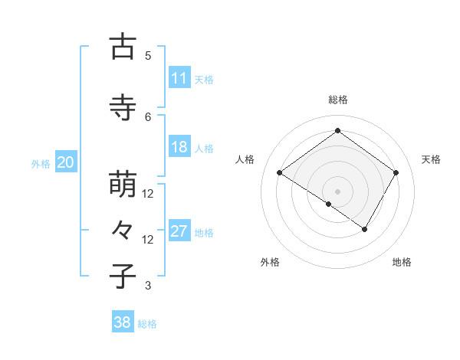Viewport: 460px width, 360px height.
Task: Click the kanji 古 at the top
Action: click(x=123, y=47)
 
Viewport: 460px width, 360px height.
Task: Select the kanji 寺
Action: click(x=123, y=108)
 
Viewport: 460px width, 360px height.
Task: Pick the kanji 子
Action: click(x=123, y=277)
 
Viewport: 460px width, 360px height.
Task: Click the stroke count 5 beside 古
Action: click(x=148, y=55)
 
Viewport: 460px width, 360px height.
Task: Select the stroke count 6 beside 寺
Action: click(x=148, y=116)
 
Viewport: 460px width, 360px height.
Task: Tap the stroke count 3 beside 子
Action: click(x=148, y=286)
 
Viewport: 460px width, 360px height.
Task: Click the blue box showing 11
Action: click(x=179, y=78)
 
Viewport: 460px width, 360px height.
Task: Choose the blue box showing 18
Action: click(x=179, y=147)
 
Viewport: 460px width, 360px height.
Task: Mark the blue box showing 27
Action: click(x=179, y=231)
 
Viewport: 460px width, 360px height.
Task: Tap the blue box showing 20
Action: click(x=65, y=162)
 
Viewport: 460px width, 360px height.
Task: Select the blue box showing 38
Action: click(x=122, y=322)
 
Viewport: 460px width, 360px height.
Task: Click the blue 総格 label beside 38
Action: click(x=147, y=324)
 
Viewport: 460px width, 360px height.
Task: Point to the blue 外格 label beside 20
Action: click(x=41, y=164)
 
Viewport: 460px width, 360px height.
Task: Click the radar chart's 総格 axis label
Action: click(x=337, y=100)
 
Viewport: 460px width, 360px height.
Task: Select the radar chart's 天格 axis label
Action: click(x=432, y=159)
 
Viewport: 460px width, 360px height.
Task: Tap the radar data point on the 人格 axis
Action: click(x=280, y=173)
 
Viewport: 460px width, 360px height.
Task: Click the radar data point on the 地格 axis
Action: click(x=365, y=229)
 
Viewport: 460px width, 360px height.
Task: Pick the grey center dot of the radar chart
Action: click(x=337, y=191)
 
